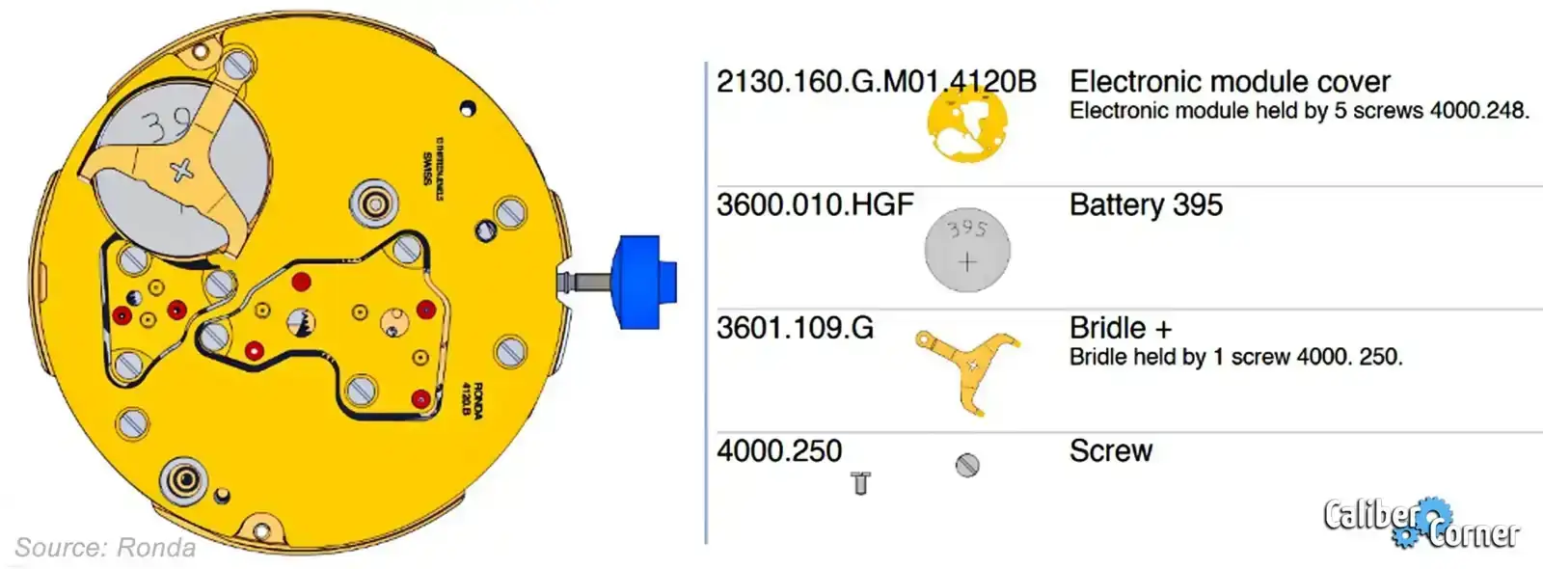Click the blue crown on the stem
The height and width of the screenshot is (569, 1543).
pos(641,282)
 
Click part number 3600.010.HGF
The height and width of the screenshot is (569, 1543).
pos(814,205)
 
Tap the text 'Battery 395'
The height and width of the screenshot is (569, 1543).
pos(1146,205)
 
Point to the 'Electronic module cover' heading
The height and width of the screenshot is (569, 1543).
pos(1230,82)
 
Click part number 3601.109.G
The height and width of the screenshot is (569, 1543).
pos(795,329)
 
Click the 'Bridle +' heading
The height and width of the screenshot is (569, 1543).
pos(1120,328)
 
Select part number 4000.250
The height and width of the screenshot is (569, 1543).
pos(779,451)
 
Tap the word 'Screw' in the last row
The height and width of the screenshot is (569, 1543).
pos(1111,451)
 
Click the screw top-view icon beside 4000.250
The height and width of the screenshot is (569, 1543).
pos(967,466)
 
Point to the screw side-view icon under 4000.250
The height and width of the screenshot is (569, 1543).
pos(861,483)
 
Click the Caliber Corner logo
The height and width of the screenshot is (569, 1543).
pos(1421,524)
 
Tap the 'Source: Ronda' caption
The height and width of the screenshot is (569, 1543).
pos(105,548)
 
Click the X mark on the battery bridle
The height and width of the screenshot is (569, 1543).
pos(181,172)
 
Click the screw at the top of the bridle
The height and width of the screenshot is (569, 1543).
pos(237,66)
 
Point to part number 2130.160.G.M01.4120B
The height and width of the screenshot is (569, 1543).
pos(876,82)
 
